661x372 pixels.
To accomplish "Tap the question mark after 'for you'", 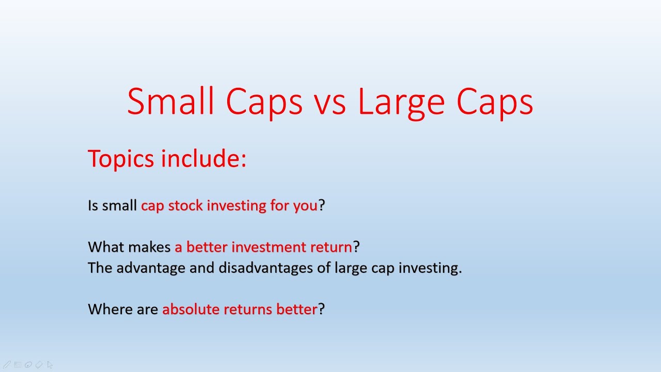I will pyautogui.click(x=322, y=206).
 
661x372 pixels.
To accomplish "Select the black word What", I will pyautogui.click(x=106, y=247).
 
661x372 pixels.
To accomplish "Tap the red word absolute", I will pyautogui.click(x=187, y=309).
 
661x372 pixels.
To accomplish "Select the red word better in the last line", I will pyautogui.click(x=296, y=309).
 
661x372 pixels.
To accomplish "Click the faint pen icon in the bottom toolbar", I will pyautogui.click(x=7, y=365).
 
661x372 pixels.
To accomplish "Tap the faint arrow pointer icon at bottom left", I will pyautogui.click(x=50, y=365).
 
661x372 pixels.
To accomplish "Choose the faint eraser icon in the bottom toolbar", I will pyautogui.click(x=39, y=365).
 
